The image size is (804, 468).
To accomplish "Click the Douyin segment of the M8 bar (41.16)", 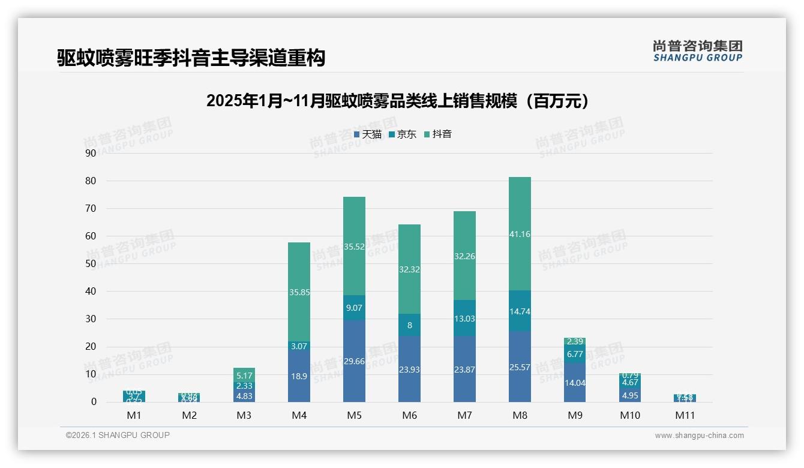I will click(520, 234).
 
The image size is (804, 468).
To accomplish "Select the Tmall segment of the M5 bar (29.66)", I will click(354, 361).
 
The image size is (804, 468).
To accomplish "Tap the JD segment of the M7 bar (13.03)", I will click(464, 319).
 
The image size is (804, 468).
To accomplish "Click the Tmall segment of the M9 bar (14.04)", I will click(575, 383).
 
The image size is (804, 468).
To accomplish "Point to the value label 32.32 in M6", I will click(409, 270).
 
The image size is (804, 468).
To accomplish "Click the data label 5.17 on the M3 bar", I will click(244, 375).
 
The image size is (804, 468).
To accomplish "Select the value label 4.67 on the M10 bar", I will click(630, 382).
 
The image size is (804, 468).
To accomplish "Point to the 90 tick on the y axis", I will click(91, 153).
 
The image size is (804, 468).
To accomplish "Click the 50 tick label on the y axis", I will click(91, 263).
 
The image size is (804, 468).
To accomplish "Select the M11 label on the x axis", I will click(685, 415).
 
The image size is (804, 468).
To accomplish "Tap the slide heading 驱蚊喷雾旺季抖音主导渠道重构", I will click(191, 58).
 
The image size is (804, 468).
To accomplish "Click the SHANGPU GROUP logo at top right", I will click(697, 51).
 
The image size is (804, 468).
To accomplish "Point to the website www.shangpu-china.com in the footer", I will click(699, 436).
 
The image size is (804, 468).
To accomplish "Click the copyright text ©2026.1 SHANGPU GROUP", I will click(118, 435).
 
